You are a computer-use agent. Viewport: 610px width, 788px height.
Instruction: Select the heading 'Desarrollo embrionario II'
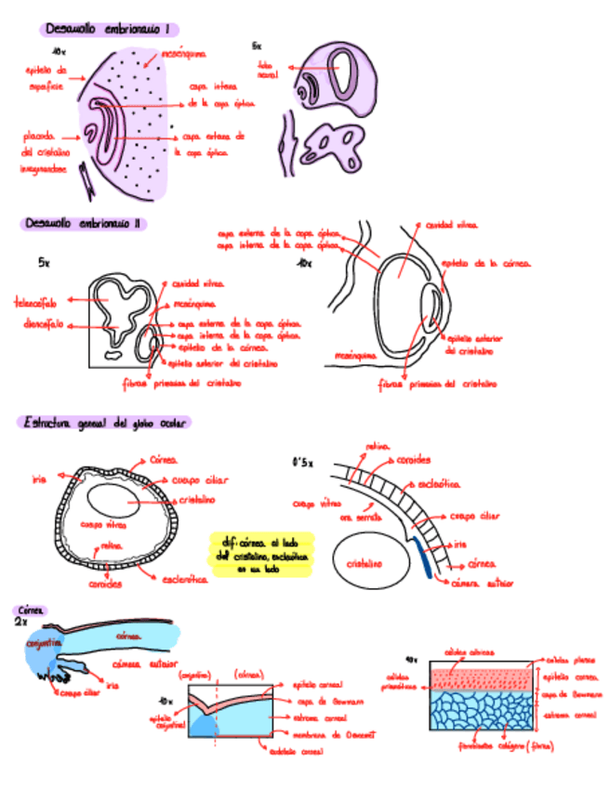click(83, 223)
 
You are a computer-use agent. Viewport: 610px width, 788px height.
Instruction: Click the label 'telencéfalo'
click(35, 303)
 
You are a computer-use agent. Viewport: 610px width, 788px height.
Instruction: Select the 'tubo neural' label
click(268, 69)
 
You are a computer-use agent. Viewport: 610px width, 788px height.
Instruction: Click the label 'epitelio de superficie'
click(45, 77)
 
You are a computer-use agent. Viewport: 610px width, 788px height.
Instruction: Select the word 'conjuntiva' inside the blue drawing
click(45, 642)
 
